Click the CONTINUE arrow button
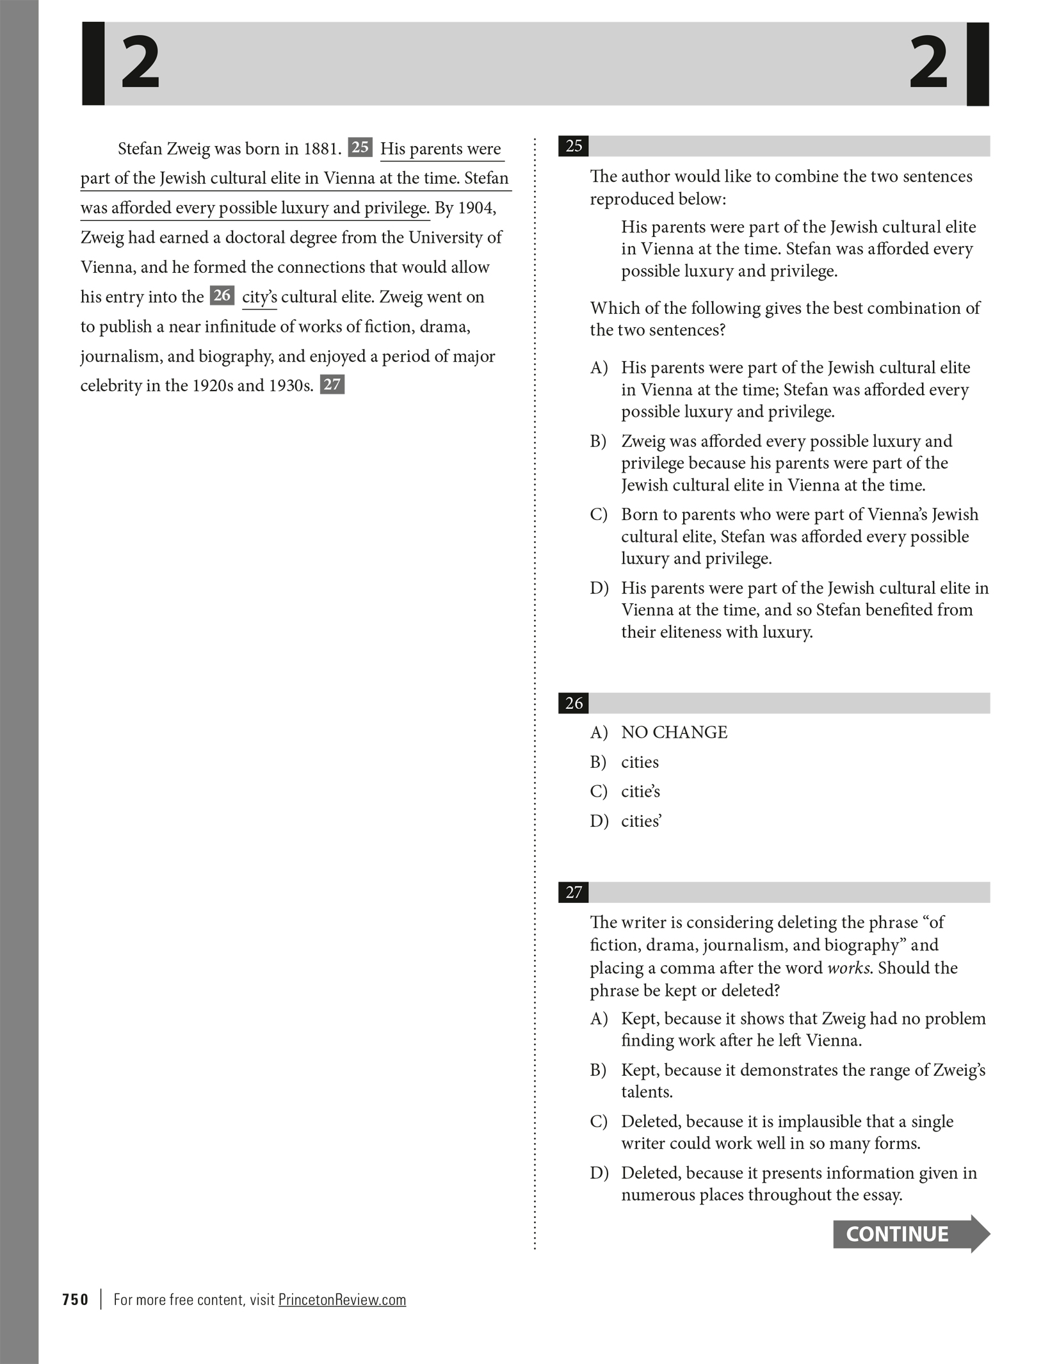(910, 1233)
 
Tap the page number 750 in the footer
(76, 1299)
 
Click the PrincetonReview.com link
(342, 1299)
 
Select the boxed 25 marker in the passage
(360, 147)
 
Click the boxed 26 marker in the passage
(222, 295)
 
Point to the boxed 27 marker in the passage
(332, 384)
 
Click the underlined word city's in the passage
(259, 297)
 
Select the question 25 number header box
(573, 146)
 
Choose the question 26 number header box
(573, 703)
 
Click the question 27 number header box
(573, 892)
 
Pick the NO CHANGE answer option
(674, 733)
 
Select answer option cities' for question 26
(641, 821)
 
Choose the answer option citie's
(640, 792)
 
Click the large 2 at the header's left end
(140, 63)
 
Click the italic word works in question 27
(848, 968)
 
